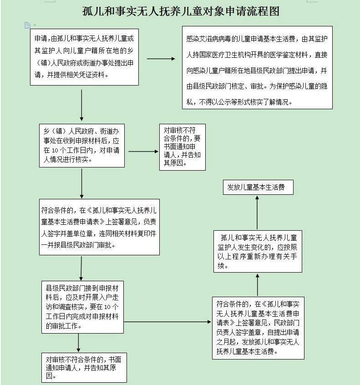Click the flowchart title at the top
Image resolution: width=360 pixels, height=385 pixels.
[x=180, y=11]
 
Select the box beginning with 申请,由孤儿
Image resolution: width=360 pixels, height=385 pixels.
[x=84, y=57]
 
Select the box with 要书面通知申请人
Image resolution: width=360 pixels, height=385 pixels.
[x=182, y=147]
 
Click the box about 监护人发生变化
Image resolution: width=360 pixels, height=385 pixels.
[x=258, y=251]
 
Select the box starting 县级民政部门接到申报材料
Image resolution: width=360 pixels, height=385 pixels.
[x=82, y=307]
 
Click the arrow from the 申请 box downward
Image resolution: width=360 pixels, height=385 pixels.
[x=82, y=104]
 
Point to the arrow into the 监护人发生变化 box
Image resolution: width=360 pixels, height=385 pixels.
[x=258, y=284]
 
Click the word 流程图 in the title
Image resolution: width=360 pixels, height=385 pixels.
[x=264, y=11]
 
